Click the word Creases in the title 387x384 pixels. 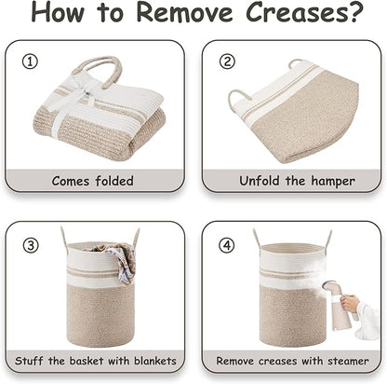click(x=296, y=12)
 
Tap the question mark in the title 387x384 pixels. click(x=355, y=12)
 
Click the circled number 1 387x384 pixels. click(x=30, y=62)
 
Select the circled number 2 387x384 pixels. click(x=227, y=62)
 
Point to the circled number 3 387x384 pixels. click(x=31, y=245)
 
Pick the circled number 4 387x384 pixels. click(x=227, y=245)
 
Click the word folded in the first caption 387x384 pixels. click(x=114, y=181)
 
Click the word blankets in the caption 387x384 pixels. click(x=155, y=361)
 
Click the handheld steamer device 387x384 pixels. click(x=338, y=304)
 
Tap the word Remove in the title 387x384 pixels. click(x=184, y=12)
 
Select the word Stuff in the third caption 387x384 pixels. click(x=29, y=361)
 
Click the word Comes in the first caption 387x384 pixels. click(x=71, y=181)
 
